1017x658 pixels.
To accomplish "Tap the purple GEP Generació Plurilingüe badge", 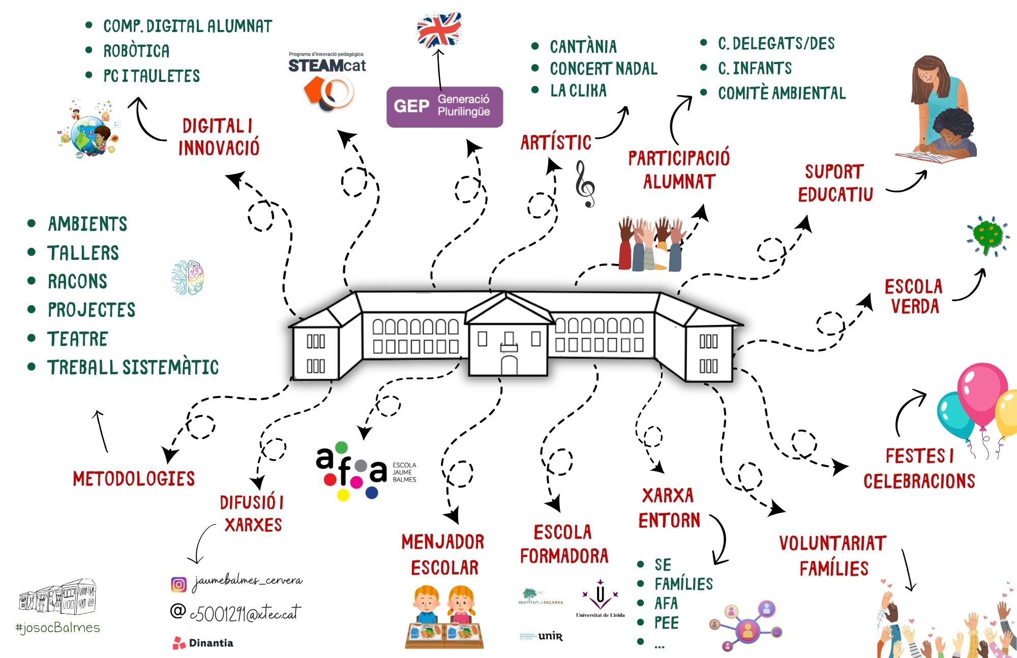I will point(444,107).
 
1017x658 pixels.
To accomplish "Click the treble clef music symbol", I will point(585,184).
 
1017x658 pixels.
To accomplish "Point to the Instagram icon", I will point(178,585).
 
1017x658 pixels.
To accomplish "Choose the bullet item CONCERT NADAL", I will point(603,69).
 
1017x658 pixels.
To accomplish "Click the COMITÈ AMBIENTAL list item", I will point(782,94).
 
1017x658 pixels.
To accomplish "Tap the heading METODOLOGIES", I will point(134,478).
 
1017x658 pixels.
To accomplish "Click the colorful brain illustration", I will point(188,278).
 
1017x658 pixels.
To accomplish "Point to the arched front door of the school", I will point(509,366).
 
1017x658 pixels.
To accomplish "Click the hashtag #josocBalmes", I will point(58,627).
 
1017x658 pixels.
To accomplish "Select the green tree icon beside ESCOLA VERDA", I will point(988,235).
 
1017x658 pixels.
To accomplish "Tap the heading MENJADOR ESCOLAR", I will point(443,555).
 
